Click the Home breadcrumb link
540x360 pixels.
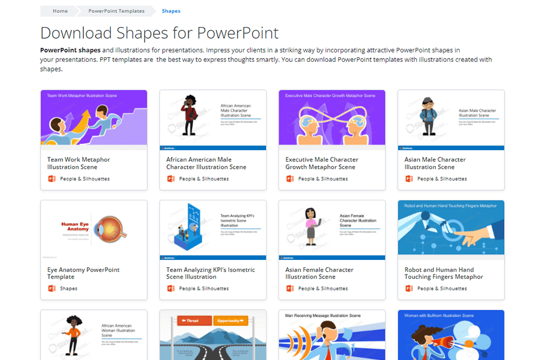coord(60,11)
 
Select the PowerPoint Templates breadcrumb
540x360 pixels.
coord(116,11)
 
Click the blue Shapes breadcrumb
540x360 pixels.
coord(171,11)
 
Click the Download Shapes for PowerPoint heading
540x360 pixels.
coord(159,32)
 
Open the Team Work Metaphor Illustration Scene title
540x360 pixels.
coord(78,163)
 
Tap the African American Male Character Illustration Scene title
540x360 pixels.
coord(206,163)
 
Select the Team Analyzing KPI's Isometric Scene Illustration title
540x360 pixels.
coord(210,273)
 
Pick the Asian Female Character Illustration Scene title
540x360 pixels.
coord(319,273)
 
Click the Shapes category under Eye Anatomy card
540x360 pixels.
coord(69,289)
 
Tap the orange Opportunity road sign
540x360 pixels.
coord(229,321)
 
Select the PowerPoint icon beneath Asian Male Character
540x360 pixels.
coord(409,179)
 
